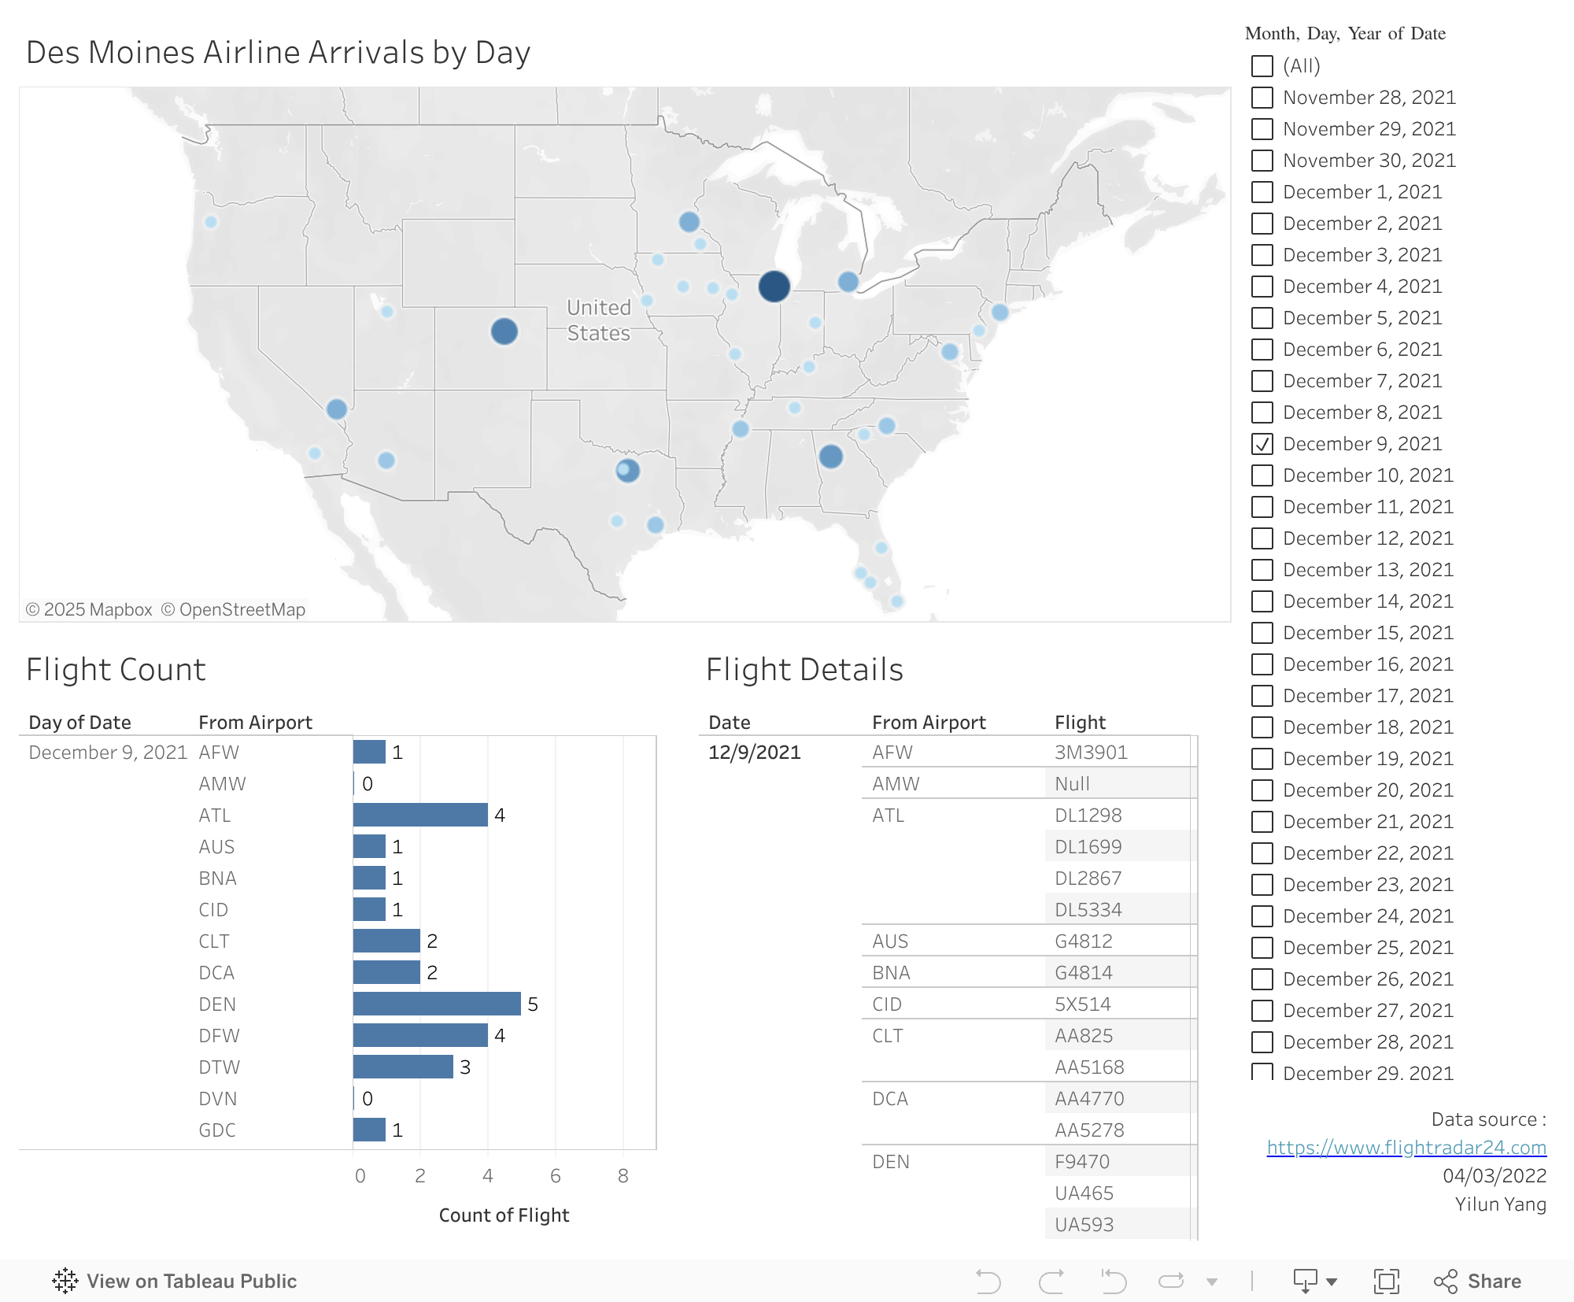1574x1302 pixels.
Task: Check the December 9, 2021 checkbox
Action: [x=1262, y=444]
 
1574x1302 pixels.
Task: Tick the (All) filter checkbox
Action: [x=1262, y=66]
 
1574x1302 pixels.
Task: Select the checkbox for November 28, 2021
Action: [x=1262, y=98]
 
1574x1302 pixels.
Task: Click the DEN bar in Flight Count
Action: [x=437, y=1004]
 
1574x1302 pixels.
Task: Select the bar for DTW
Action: [x=403, y=1067]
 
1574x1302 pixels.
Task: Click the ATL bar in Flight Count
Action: [x=420, y=815]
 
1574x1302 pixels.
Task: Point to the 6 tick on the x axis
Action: [x=556, y=1176]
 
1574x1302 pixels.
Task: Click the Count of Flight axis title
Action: [x=504, y=1215]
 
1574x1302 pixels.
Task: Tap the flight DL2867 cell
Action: [x=1088, y=878]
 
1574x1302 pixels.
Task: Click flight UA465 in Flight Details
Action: [x=1084, y=1193]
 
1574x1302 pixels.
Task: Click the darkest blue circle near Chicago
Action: [x=774, y=287]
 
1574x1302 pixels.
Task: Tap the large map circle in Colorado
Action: [x=504, y=331]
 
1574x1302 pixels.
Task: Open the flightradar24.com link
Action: [x=1406, y=1148]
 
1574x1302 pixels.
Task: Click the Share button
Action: [x=1478, y=1282]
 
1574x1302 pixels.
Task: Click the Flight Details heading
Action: [x=804, y=670]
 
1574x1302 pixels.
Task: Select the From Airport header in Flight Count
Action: [x=255, y=723]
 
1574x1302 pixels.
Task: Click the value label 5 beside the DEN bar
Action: [x=533, y=1004]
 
